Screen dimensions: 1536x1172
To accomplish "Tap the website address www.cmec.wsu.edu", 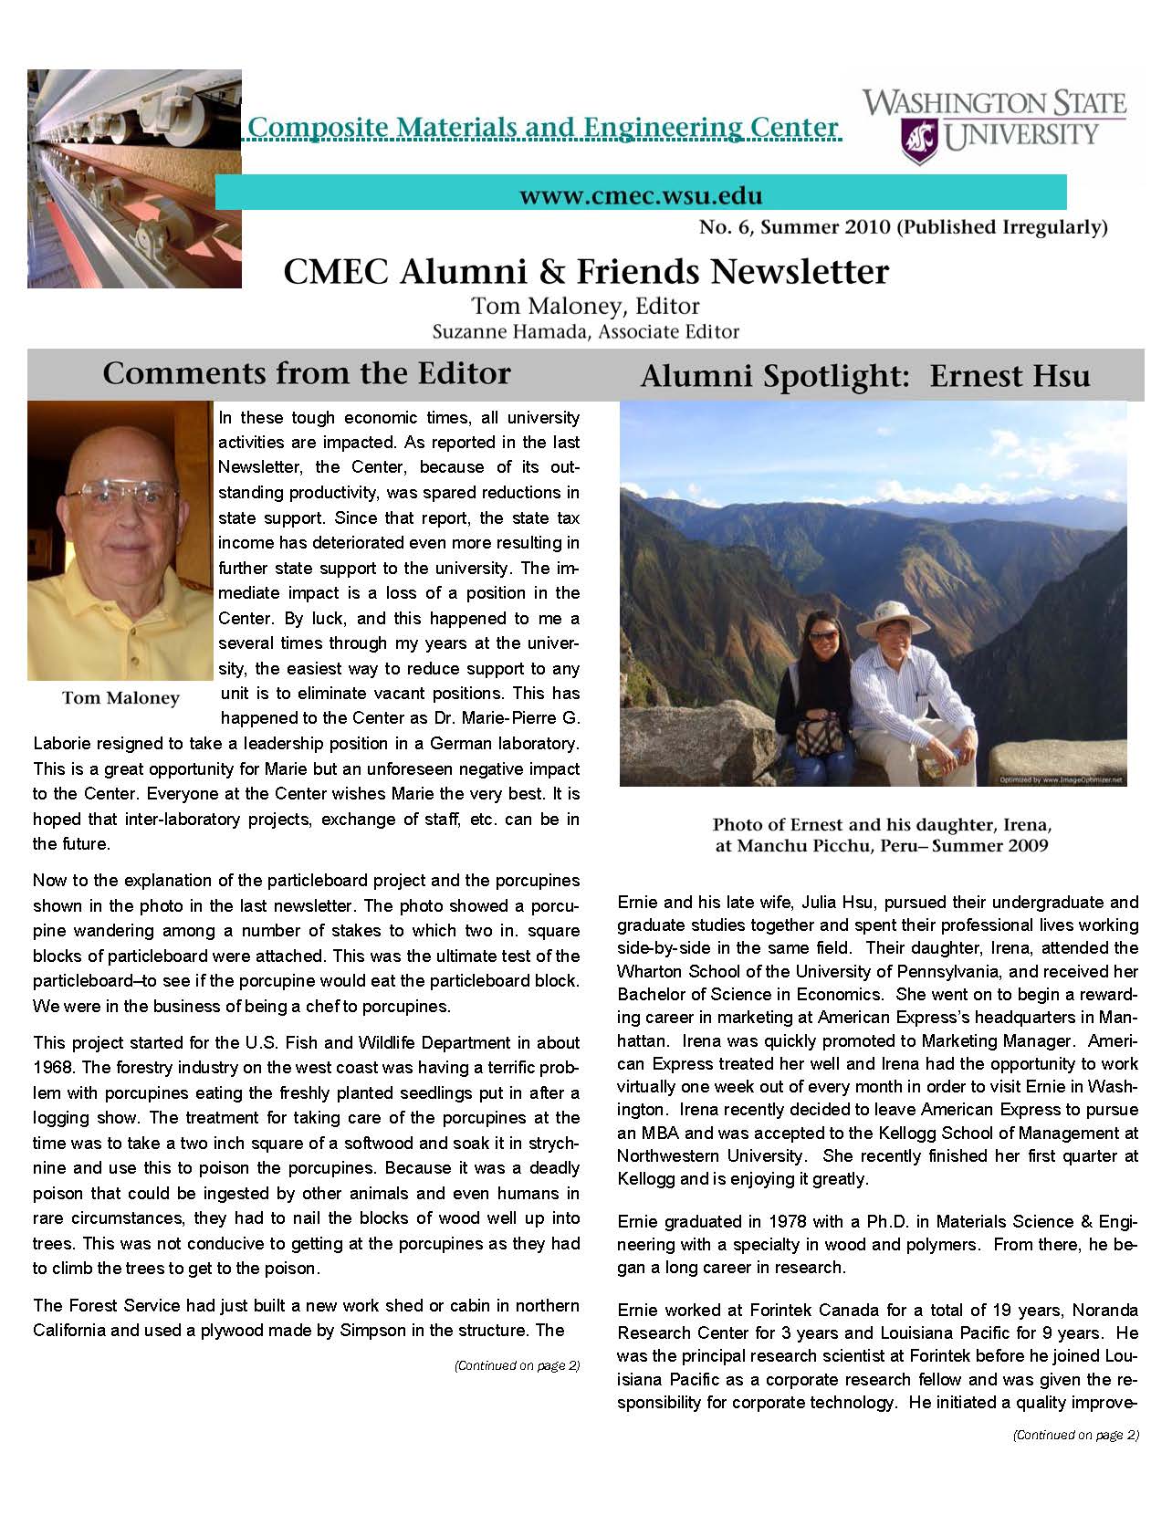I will (x=641, y=194).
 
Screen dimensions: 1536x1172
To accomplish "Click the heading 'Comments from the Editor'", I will (x=306, y=373).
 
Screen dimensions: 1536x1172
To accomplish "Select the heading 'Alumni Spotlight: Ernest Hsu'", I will (x=864, y=377).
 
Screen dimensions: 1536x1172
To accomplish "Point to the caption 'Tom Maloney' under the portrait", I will (x=120, y=698).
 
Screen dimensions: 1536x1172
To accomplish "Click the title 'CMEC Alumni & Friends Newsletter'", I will (x=586, y=271).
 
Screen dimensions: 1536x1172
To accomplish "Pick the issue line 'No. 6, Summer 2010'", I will (x=793, y=227).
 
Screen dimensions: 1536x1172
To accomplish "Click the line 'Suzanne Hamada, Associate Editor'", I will (x=585, y=331).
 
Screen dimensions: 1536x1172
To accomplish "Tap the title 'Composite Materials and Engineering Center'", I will (x=542, y=127).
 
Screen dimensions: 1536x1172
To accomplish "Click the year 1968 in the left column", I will (x=53, y=1067).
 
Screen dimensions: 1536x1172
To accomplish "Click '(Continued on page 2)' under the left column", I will (x=517, y=1366).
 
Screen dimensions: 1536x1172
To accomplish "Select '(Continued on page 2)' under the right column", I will (x=1076, y=1435).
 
